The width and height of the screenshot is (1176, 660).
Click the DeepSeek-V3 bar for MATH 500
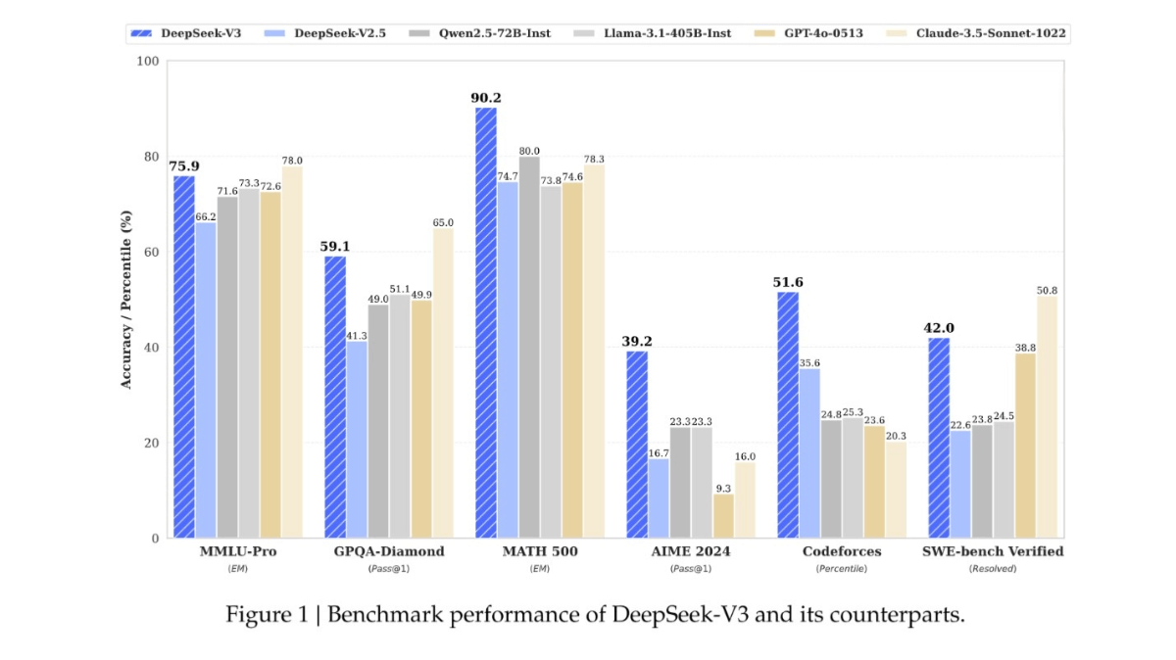pyautogui.click(x=486, y=323)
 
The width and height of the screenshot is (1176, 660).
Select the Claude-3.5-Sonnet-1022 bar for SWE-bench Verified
pyautogui.click(x=1047, y=416)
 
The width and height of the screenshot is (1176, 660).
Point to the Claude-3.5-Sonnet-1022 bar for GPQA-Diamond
pyautogui.click(x=443, y=383)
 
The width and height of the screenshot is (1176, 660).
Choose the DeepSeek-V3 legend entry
pyautogui.click(x=186, y=33)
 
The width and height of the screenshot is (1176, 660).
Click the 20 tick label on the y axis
pyautogui.click(x=148, y=443)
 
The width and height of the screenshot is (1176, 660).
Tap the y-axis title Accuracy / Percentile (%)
pyautogui.click(x=125, y=299)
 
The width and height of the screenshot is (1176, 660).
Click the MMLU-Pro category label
pyautogui.click(x=237, y=551)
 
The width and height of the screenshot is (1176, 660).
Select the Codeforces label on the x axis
pyautogui.click(x=842, y=551)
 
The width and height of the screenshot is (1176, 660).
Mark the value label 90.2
pyautogui.click(x=486, y=97)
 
